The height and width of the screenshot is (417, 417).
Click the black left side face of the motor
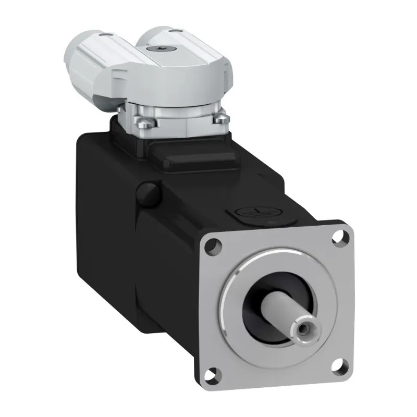pos(104,235)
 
